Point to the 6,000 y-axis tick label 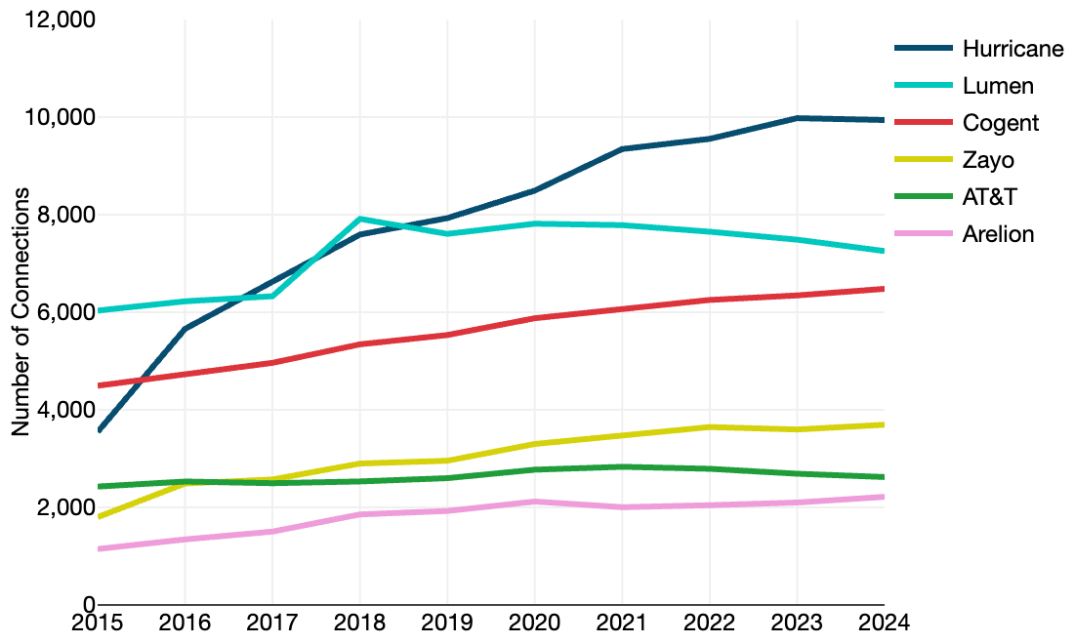click(x=62, y=312)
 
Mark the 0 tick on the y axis click(x=89, y=605)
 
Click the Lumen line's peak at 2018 click(x=359, y=220)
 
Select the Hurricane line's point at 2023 click(x=797, y=118)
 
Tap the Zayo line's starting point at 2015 click(x=99, y=517)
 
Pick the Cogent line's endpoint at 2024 click(x=883, y=289)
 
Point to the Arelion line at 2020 click(x=534, y=502)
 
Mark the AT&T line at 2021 click(x=621, y=466)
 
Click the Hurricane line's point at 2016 click(x=185, y=329)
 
